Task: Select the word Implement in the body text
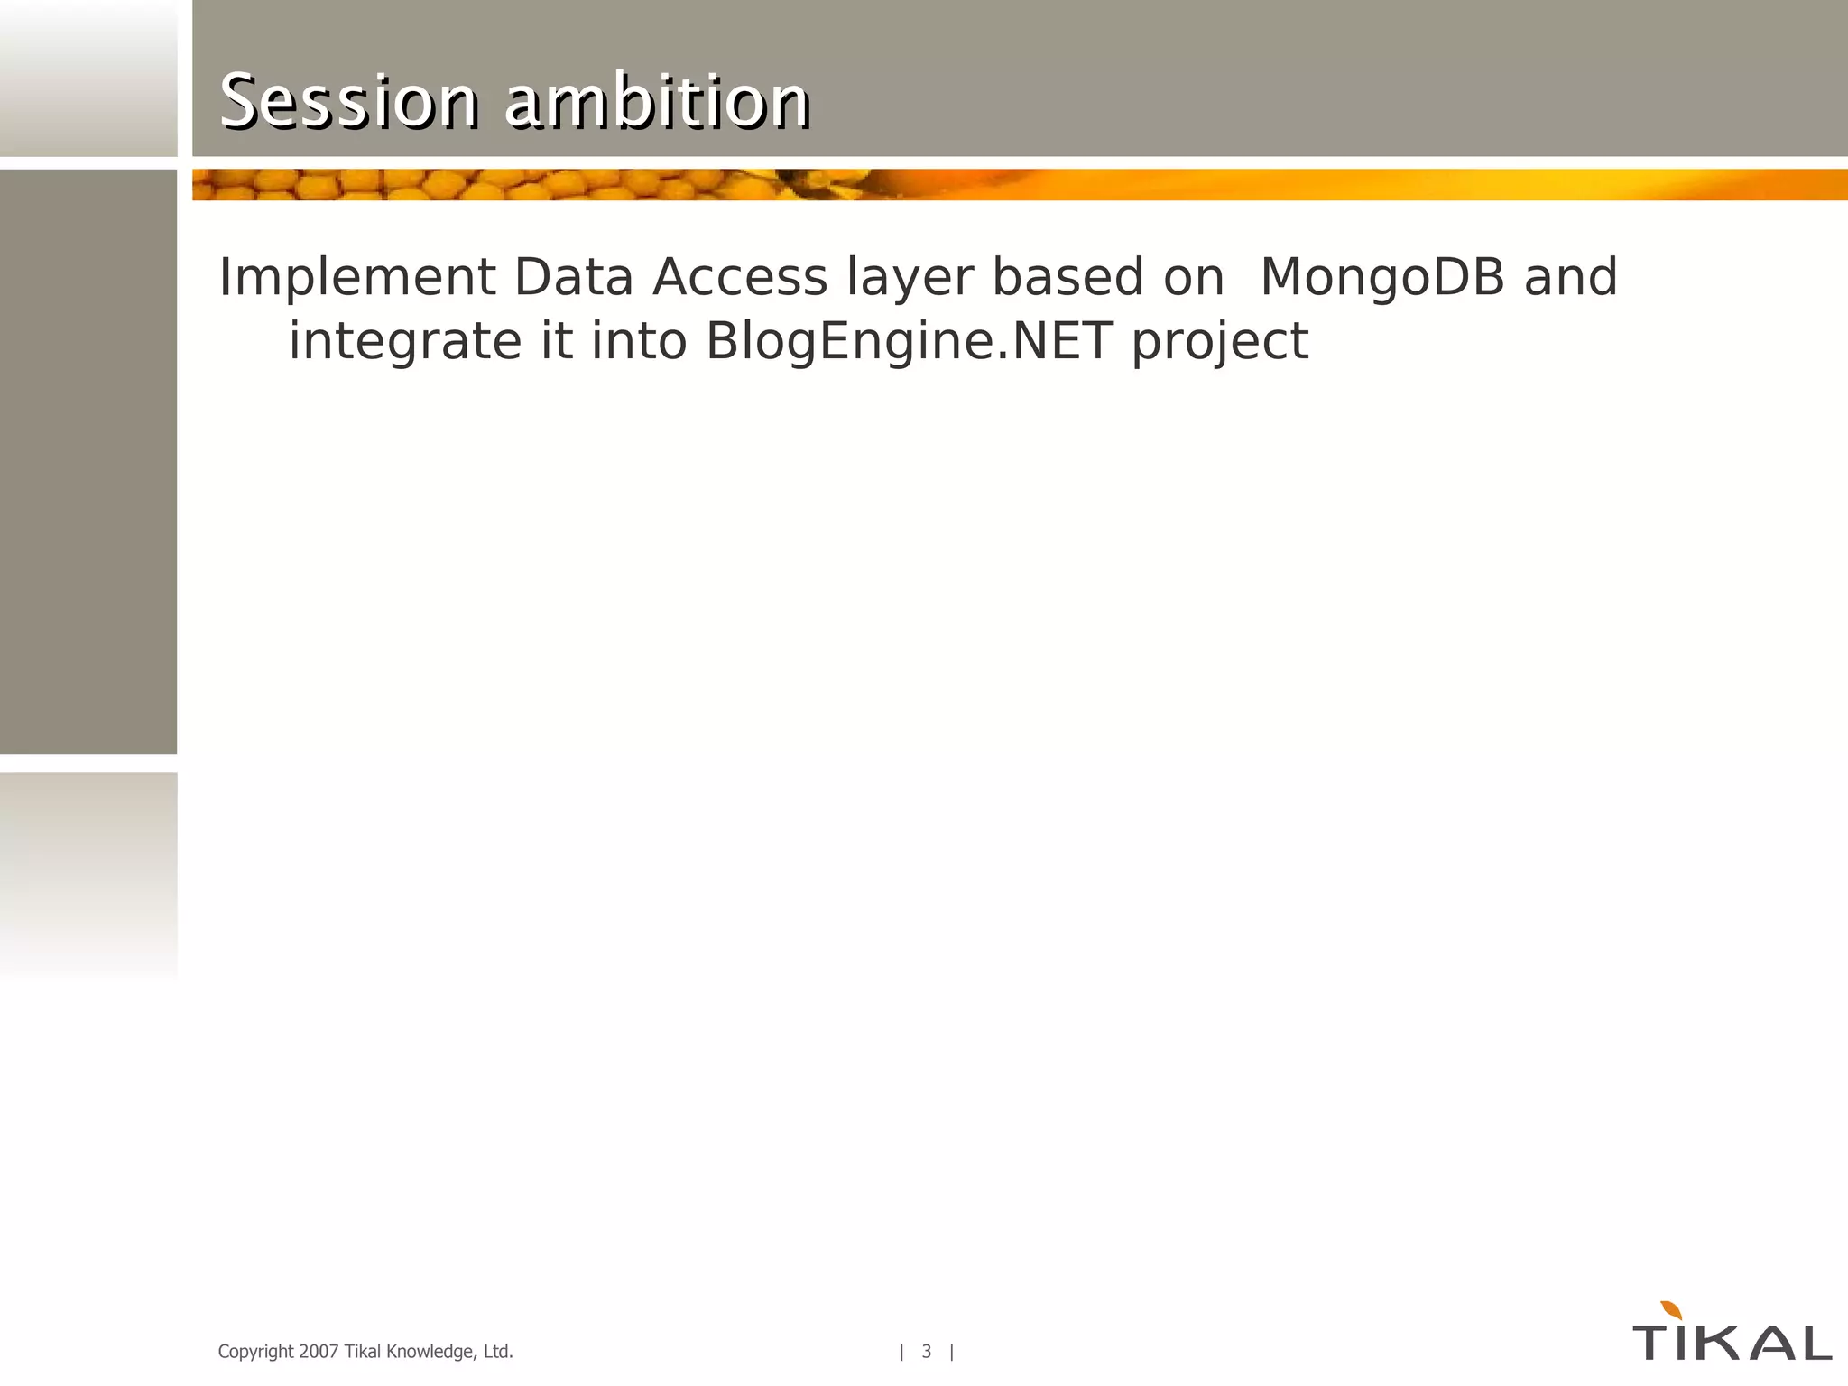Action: tap(357, 278)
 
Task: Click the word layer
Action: tap(910, 278)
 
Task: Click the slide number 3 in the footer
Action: tap(926, 1351)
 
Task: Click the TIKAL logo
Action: tap(1732, 1342)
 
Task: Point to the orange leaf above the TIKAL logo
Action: tap(1670, 1310)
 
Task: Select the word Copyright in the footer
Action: tap(255, 1352)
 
